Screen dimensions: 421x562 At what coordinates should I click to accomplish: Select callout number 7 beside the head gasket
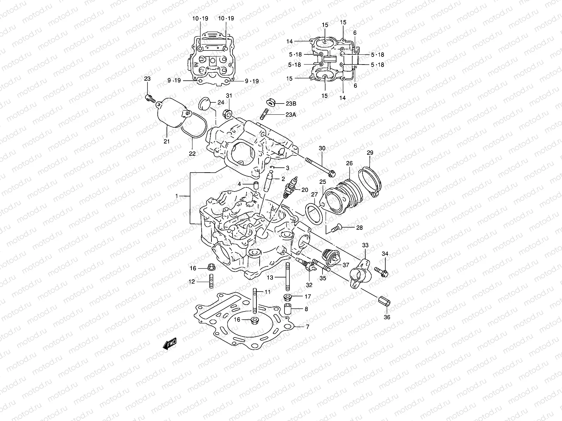(x=307, y=327)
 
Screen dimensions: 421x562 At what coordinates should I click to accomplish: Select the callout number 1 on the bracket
(x=177, y=197)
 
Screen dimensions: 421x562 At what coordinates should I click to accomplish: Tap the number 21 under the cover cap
(x=166, y=141)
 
